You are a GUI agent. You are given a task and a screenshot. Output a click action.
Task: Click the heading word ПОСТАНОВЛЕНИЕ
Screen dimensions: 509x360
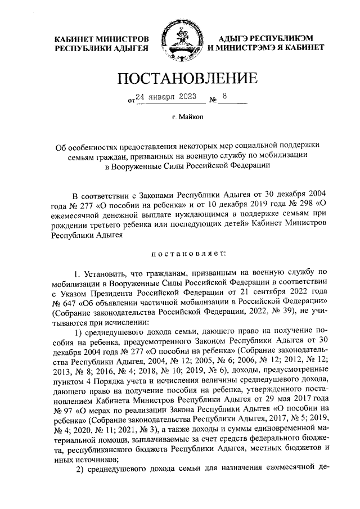click(180, 77)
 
